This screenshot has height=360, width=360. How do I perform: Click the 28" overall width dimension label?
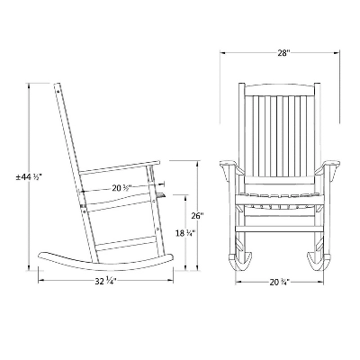pos(283,53)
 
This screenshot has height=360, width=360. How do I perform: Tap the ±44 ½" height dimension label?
pos(29,177)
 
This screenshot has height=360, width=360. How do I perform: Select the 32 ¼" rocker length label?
pos(105,282)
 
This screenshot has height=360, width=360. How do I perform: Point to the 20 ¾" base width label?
pos(279,283)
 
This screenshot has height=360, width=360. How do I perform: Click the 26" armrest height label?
pos(198,215)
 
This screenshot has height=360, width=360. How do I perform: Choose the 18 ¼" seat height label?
pos(185,233)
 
